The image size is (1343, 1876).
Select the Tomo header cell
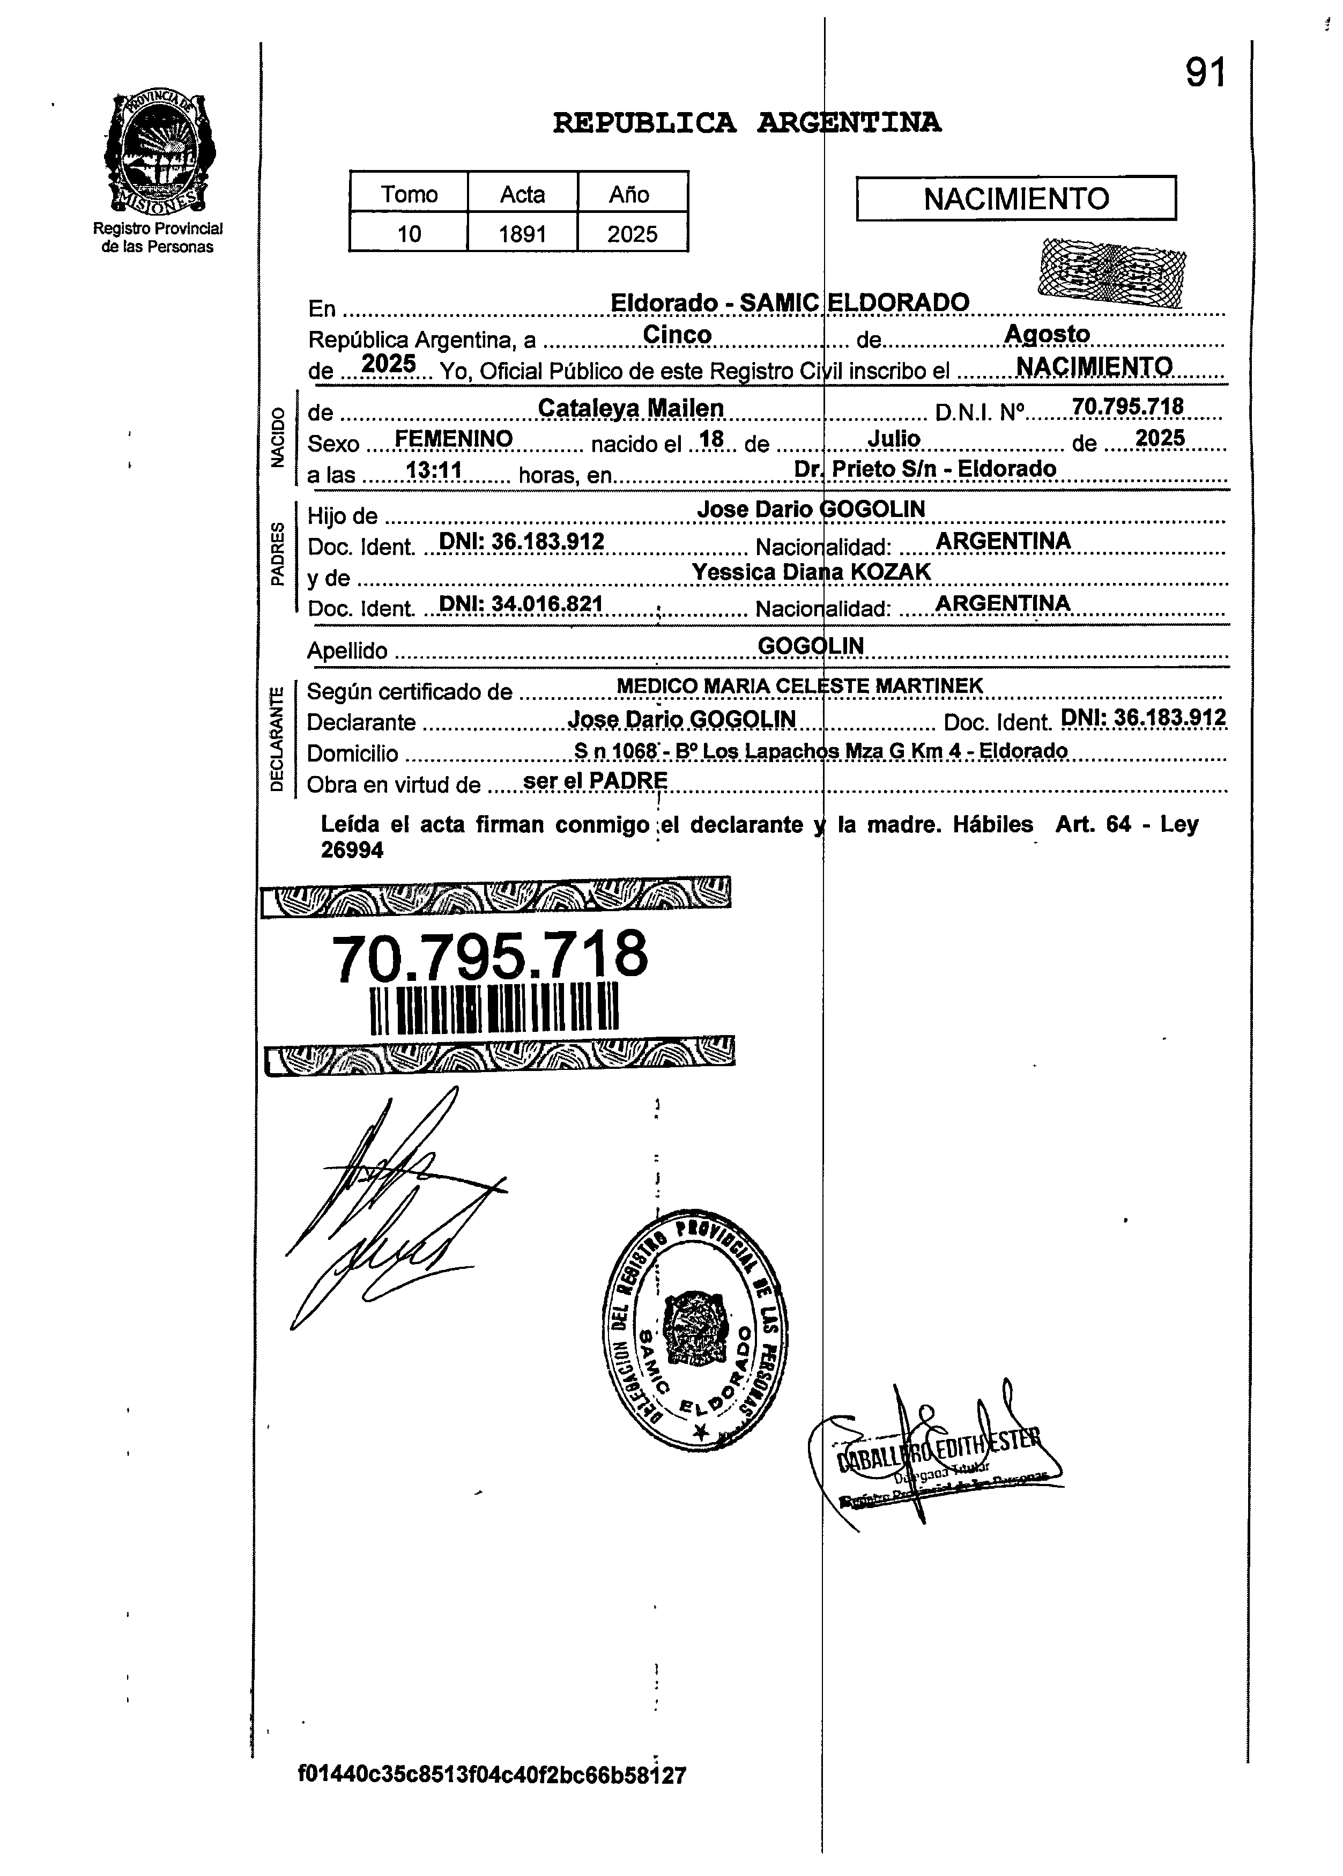tap(409, 194)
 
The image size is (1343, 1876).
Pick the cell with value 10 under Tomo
tap(409, 234)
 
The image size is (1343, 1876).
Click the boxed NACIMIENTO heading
tap(1015, 198)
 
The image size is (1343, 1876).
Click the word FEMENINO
tap(453, 438)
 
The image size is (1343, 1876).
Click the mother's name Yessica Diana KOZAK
tap(811, 572)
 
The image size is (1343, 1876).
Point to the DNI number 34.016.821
tap(520, 604)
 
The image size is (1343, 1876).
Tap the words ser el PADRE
tap(596, 780)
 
